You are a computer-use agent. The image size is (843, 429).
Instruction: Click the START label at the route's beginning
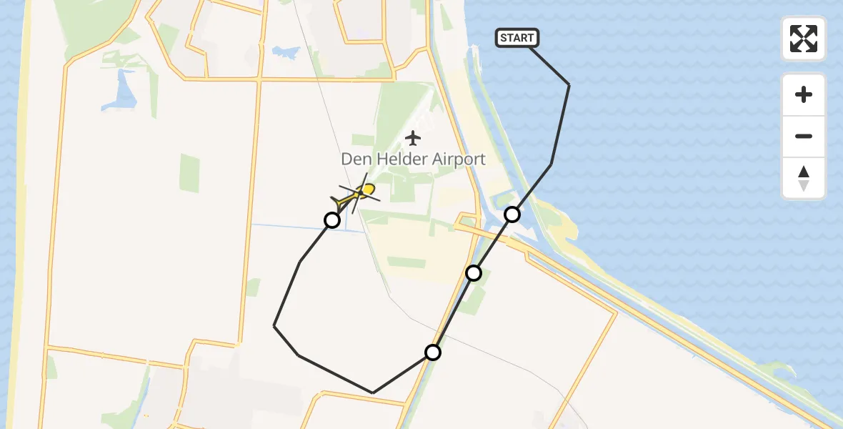[x=517, y=38]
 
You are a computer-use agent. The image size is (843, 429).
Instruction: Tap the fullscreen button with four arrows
[x=804, y=39]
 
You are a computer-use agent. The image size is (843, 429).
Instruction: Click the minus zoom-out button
[x=804, y=137]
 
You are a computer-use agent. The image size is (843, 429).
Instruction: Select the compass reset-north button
[x=804, y=178]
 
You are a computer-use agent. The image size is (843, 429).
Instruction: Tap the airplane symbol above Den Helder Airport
[x=413, y=137]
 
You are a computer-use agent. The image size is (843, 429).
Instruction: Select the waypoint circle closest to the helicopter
[x=332, y=220]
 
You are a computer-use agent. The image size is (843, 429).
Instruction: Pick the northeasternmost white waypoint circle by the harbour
[x=512, y=214]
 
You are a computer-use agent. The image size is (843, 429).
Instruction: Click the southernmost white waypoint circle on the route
[x=433, y=352]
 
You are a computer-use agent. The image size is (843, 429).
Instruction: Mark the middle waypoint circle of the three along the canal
[x=474, y=272]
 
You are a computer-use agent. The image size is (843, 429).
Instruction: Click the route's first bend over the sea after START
[x=569, y=85]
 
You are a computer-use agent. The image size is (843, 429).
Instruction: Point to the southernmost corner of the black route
[x=372, y=393]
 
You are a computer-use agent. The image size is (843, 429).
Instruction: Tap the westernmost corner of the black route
[x=274, y=326]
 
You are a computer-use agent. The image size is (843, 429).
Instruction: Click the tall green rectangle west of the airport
[x=189, y=173]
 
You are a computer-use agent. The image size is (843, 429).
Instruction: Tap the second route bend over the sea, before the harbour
[x=551, y=164]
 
